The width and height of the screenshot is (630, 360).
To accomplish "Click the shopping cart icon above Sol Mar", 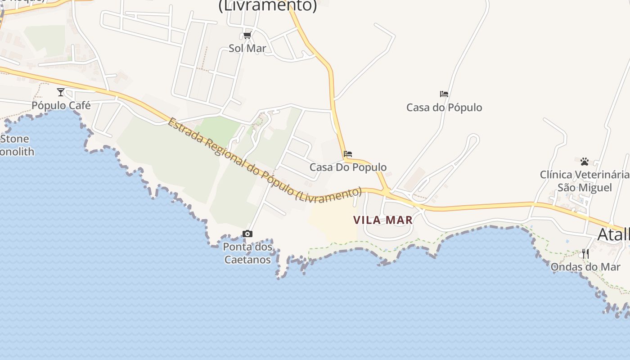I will [x=247, y=35].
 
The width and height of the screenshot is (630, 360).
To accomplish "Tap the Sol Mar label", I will [x=247, y=48].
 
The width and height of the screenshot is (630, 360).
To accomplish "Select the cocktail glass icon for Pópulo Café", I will [x=61, y=92].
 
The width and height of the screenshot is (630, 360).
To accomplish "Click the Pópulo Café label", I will [x=61, y=105].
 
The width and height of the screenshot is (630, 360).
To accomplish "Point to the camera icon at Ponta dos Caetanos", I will [x=247, y=234].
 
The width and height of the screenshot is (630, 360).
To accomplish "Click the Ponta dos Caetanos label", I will [x=247, y=253].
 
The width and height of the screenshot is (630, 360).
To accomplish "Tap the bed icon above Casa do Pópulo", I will [x=444, y=94].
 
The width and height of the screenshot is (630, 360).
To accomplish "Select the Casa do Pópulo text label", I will [x=444, y=108].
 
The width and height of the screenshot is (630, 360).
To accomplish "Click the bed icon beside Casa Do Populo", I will [x=347, y=154].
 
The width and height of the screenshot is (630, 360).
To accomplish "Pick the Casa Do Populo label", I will [x=348, y=167].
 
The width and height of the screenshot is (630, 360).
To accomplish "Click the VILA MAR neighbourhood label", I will [x=383, y=220].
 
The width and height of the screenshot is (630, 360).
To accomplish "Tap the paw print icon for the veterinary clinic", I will [x=585, y=161].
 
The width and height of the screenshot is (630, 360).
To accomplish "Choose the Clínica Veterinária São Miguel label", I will [x=585, y=181].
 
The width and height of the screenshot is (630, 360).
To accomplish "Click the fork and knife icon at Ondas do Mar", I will [x=585, y=253].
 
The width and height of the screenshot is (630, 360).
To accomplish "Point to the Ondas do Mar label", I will [x=585, y=267].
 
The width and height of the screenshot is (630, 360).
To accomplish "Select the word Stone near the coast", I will [x=15, y=139].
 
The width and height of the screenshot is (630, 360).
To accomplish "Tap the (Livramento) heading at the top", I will [x=268, y=6].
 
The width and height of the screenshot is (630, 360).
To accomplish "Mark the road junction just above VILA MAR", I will [x=386, y=193].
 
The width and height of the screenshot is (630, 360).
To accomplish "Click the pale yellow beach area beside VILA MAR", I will [x=333, y=223].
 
